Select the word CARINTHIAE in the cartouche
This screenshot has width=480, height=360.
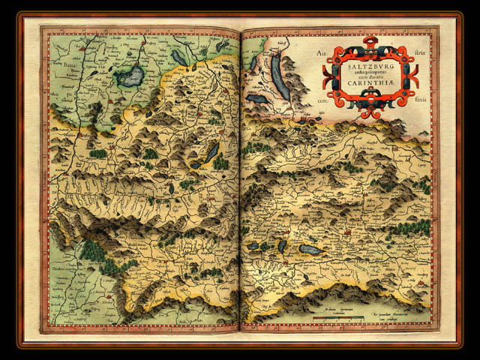pyautogui.click(x=367, y=84)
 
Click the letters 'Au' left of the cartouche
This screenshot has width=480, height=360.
pyautogui.click(x=322, y=55)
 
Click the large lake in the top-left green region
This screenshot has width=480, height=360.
pyautogui.click(x=129, y=76)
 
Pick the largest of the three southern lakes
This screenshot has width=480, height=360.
pyautogui.click(x=310, y=249)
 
